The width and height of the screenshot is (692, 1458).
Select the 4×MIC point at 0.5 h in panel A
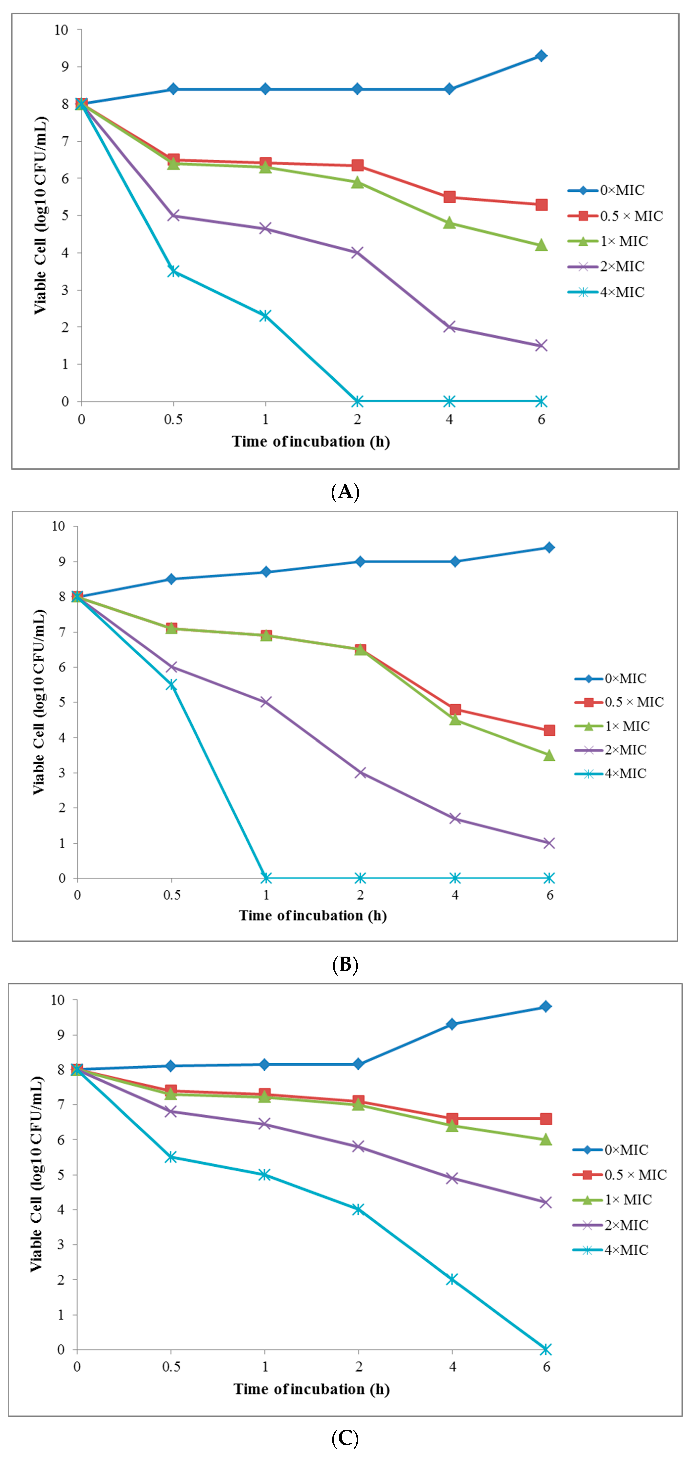173,271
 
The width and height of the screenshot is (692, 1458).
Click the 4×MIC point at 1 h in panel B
266,878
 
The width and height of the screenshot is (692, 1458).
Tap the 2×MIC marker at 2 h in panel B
360,772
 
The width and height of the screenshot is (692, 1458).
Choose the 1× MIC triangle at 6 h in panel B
549,756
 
